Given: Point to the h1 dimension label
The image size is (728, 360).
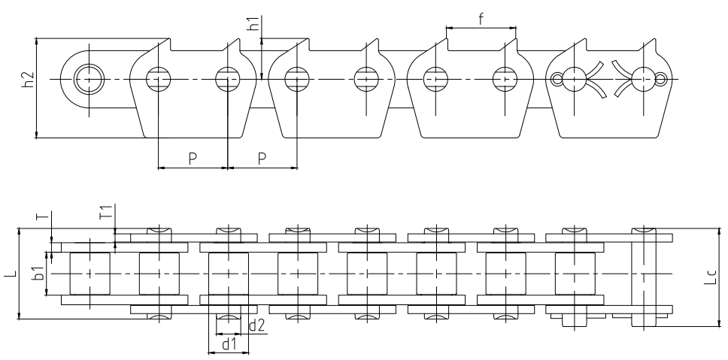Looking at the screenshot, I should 253,23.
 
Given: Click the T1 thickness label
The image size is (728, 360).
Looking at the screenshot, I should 107,212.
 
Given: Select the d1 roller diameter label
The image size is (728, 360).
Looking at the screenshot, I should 229,345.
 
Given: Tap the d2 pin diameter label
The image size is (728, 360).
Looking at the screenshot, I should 256,326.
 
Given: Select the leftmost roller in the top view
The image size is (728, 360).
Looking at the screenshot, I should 90,274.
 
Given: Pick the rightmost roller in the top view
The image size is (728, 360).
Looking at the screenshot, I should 575,274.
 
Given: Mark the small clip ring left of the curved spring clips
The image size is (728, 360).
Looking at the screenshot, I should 557,78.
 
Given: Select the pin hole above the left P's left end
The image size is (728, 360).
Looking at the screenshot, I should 158,78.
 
